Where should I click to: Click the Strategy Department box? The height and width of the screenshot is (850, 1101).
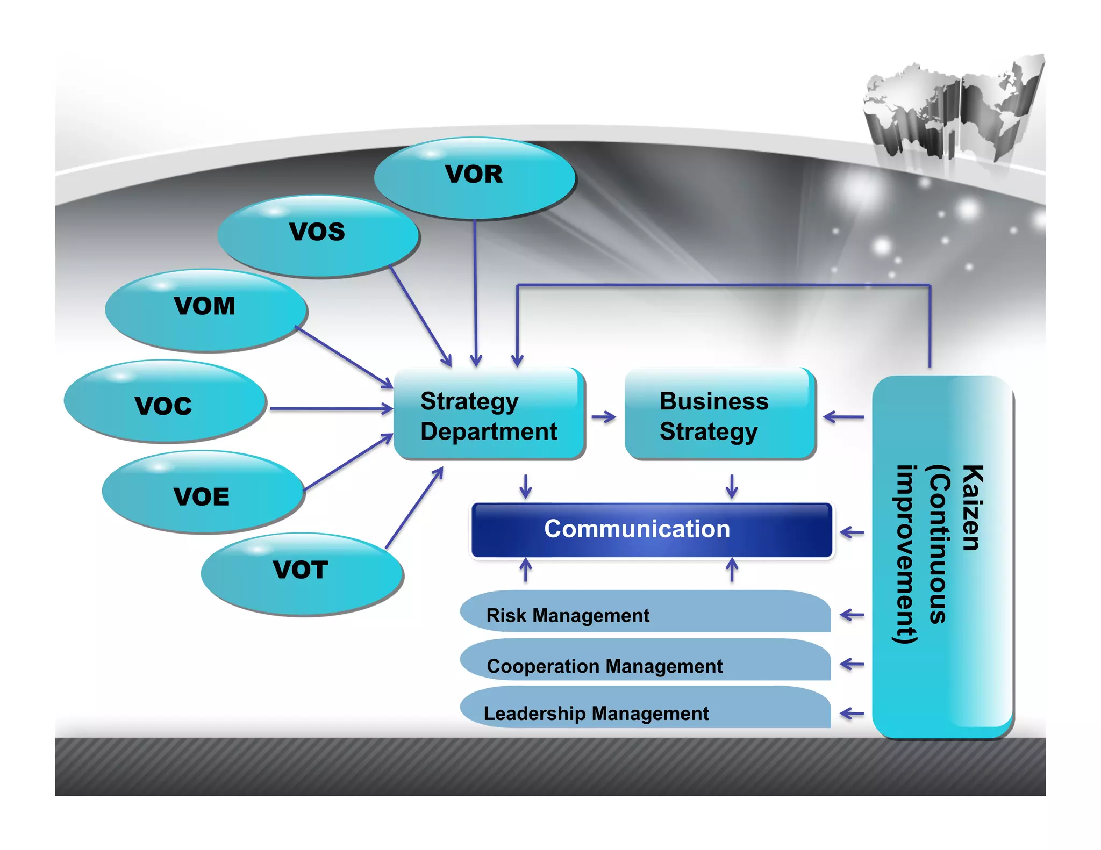(x=489, y=415)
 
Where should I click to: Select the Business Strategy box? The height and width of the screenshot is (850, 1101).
(x=719, y=415)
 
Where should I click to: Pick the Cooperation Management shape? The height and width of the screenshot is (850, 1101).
(x=645, y=662)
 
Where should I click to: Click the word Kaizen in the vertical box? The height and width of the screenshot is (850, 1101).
(x=972, y=508)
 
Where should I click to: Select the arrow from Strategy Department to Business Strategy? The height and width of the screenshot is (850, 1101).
(x=604, y=417)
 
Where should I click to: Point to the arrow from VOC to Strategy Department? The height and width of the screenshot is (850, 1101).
(x=331, y=409)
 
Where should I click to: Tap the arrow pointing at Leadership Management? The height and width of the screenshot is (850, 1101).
(x=852, y=714)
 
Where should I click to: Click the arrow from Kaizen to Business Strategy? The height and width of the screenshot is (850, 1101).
(x=843, y=416)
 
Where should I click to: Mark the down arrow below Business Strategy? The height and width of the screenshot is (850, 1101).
(x=732, y=486)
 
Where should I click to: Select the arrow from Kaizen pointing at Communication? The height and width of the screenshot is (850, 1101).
(x=852, y=532)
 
